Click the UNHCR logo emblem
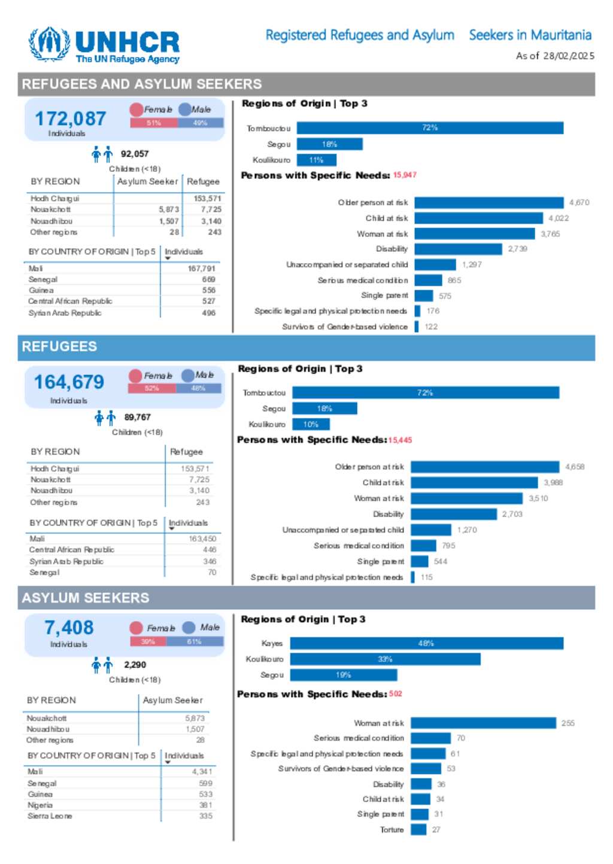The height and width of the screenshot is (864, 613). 50,44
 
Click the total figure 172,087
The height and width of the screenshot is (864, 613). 70,118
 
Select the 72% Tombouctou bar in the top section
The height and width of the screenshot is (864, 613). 430,128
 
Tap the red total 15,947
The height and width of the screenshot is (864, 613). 405,175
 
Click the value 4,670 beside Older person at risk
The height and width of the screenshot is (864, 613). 579,203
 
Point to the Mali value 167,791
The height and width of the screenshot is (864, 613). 201,269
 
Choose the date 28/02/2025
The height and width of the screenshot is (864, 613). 569,56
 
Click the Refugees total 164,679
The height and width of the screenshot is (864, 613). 69,382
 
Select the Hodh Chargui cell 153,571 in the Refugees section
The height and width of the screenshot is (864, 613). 195,469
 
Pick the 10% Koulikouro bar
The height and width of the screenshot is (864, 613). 311,425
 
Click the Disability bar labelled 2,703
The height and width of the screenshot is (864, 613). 454,514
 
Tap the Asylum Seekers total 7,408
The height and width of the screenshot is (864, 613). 69,628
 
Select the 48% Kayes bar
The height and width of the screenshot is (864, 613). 426,644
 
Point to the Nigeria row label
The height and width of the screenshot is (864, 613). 40,805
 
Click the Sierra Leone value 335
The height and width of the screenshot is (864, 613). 205,816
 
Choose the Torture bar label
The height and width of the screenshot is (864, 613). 392,830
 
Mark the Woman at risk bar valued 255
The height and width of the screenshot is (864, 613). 483,723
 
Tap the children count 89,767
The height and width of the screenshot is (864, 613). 138,417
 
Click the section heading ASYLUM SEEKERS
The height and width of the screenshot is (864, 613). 86,598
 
